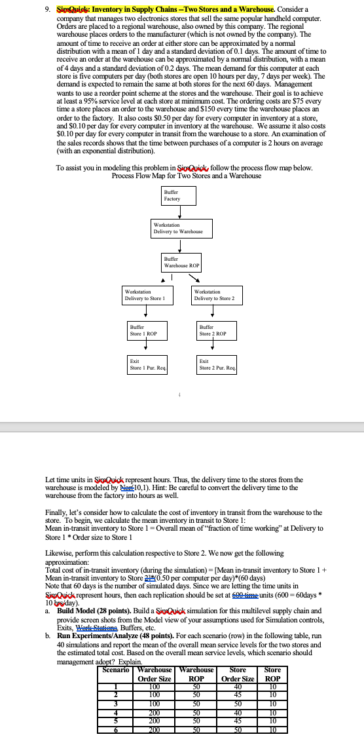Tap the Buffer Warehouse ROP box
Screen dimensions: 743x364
pos(181,263)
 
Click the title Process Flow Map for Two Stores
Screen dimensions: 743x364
pos(187,176)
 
